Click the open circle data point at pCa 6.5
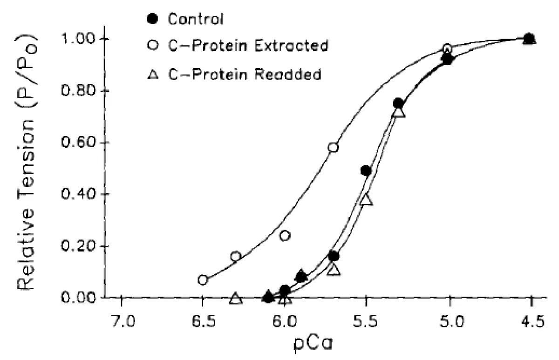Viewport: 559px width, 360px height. (x=203, y=280)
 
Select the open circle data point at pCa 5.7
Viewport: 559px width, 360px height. (x=333, y=148)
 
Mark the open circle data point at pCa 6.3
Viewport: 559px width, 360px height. (x=236, y=256)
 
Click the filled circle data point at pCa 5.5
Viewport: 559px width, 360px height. (x=366, y=171)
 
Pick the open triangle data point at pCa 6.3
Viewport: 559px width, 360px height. (x=236, y=298)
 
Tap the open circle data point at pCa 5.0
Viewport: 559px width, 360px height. (x=447, y=49)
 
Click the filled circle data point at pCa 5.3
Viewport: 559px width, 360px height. (x=398, y=103)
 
